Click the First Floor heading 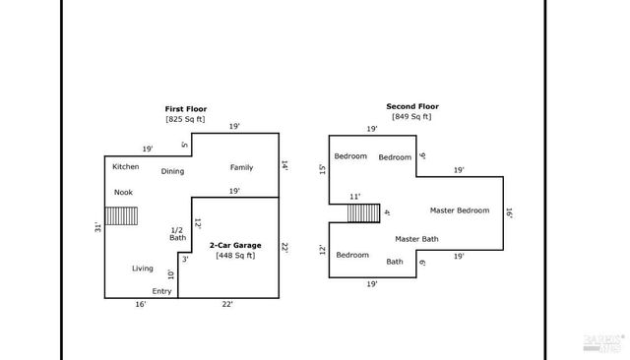pyautogui.click(x=185, y=108)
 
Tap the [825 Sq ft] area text pyautogui.click(x=185, y=119)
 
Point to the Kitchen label pyautogui.click(x=125, y=166)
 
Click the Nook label pyautogui.click(x=123, y=192)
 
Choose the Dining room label pyautogui.click(x=172, y=171)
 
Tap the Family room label pyautogui.click(x=241, y=167)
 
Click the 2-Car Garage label pyautogui.click(x=236, y=244)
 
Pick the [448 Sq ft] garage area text pyautogui.click(x=236, y=256)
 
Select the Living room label pyautogui.click(x=143, y=268)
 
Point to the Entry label pyautogui.click(x=161, y=291)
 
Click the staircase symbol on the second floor pyautogui.click(x=363, y=213)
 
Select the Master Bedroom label pyautogui.click(x=459, y=210)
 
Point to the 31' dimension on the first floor pyautogui.click(x=98, y=226)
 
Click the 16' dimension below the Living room pyautogui.click(x=141, y=305)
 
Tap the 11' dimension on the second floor pyautogui.click(x=355, y=197)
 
